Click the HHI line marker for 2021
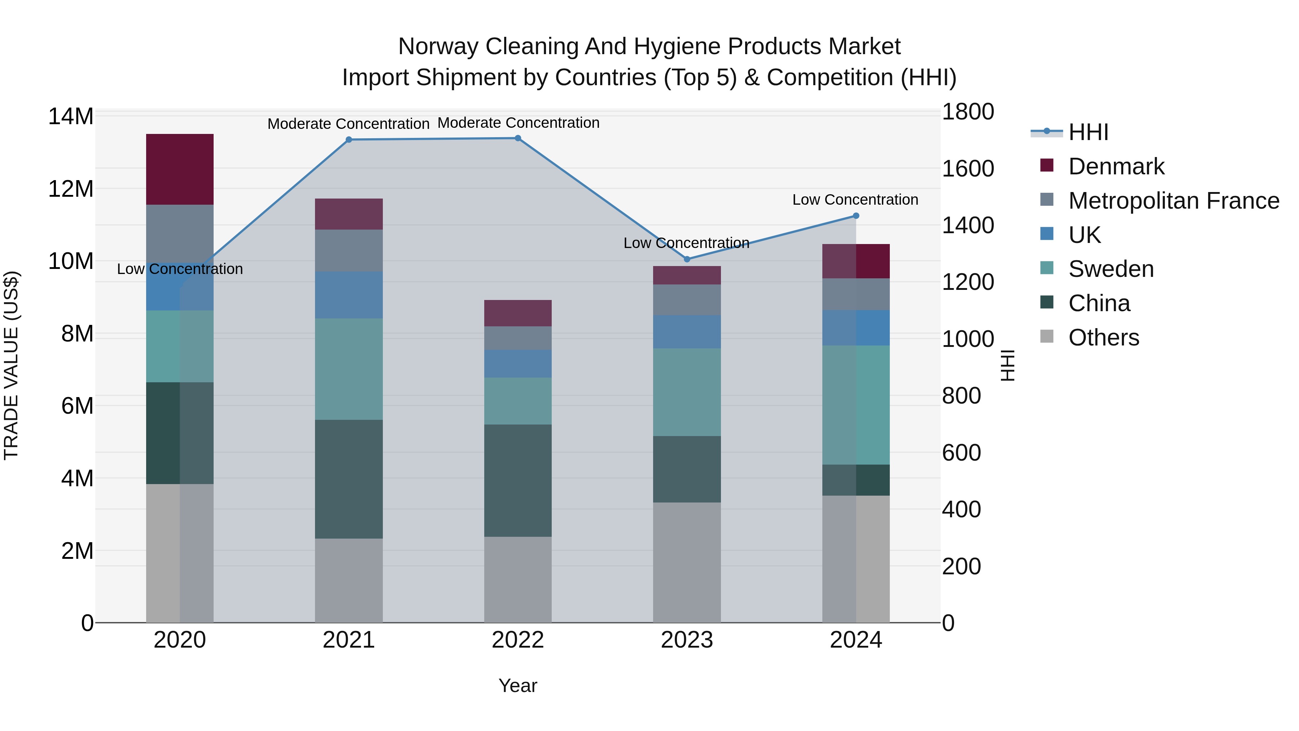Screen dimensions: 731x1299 (x=349, y=140)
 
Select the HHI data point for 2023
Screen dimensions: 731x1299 (x=687, y=259)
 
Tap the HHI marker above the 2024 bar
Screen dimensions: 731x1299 (x=856, y=216)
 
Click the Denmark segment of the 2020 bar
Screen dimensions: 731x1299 (x=180, y=169)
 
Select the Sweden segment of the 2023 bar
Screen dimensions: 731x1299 (x=687, y=392)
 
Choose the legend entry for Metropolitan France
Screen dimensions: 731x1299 (x=1173, y=201)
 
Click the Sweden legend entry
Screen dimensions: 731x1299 (x=1111, y=269)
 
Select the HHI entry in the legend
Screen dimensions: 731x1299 (x=1088, y=132)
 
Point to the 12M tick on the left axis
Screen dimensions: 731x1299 (x=71, y=189)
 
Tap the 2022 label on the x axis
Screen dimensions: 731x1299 (x=518, y=640)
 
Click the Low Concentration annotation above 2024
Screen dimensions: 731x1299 (x=855, y=200)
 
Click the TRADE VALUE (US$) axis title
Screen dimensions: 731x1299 (x=11, y=365)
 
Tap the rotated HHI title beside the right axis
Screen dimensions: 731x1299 (x=1007, y=365)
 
